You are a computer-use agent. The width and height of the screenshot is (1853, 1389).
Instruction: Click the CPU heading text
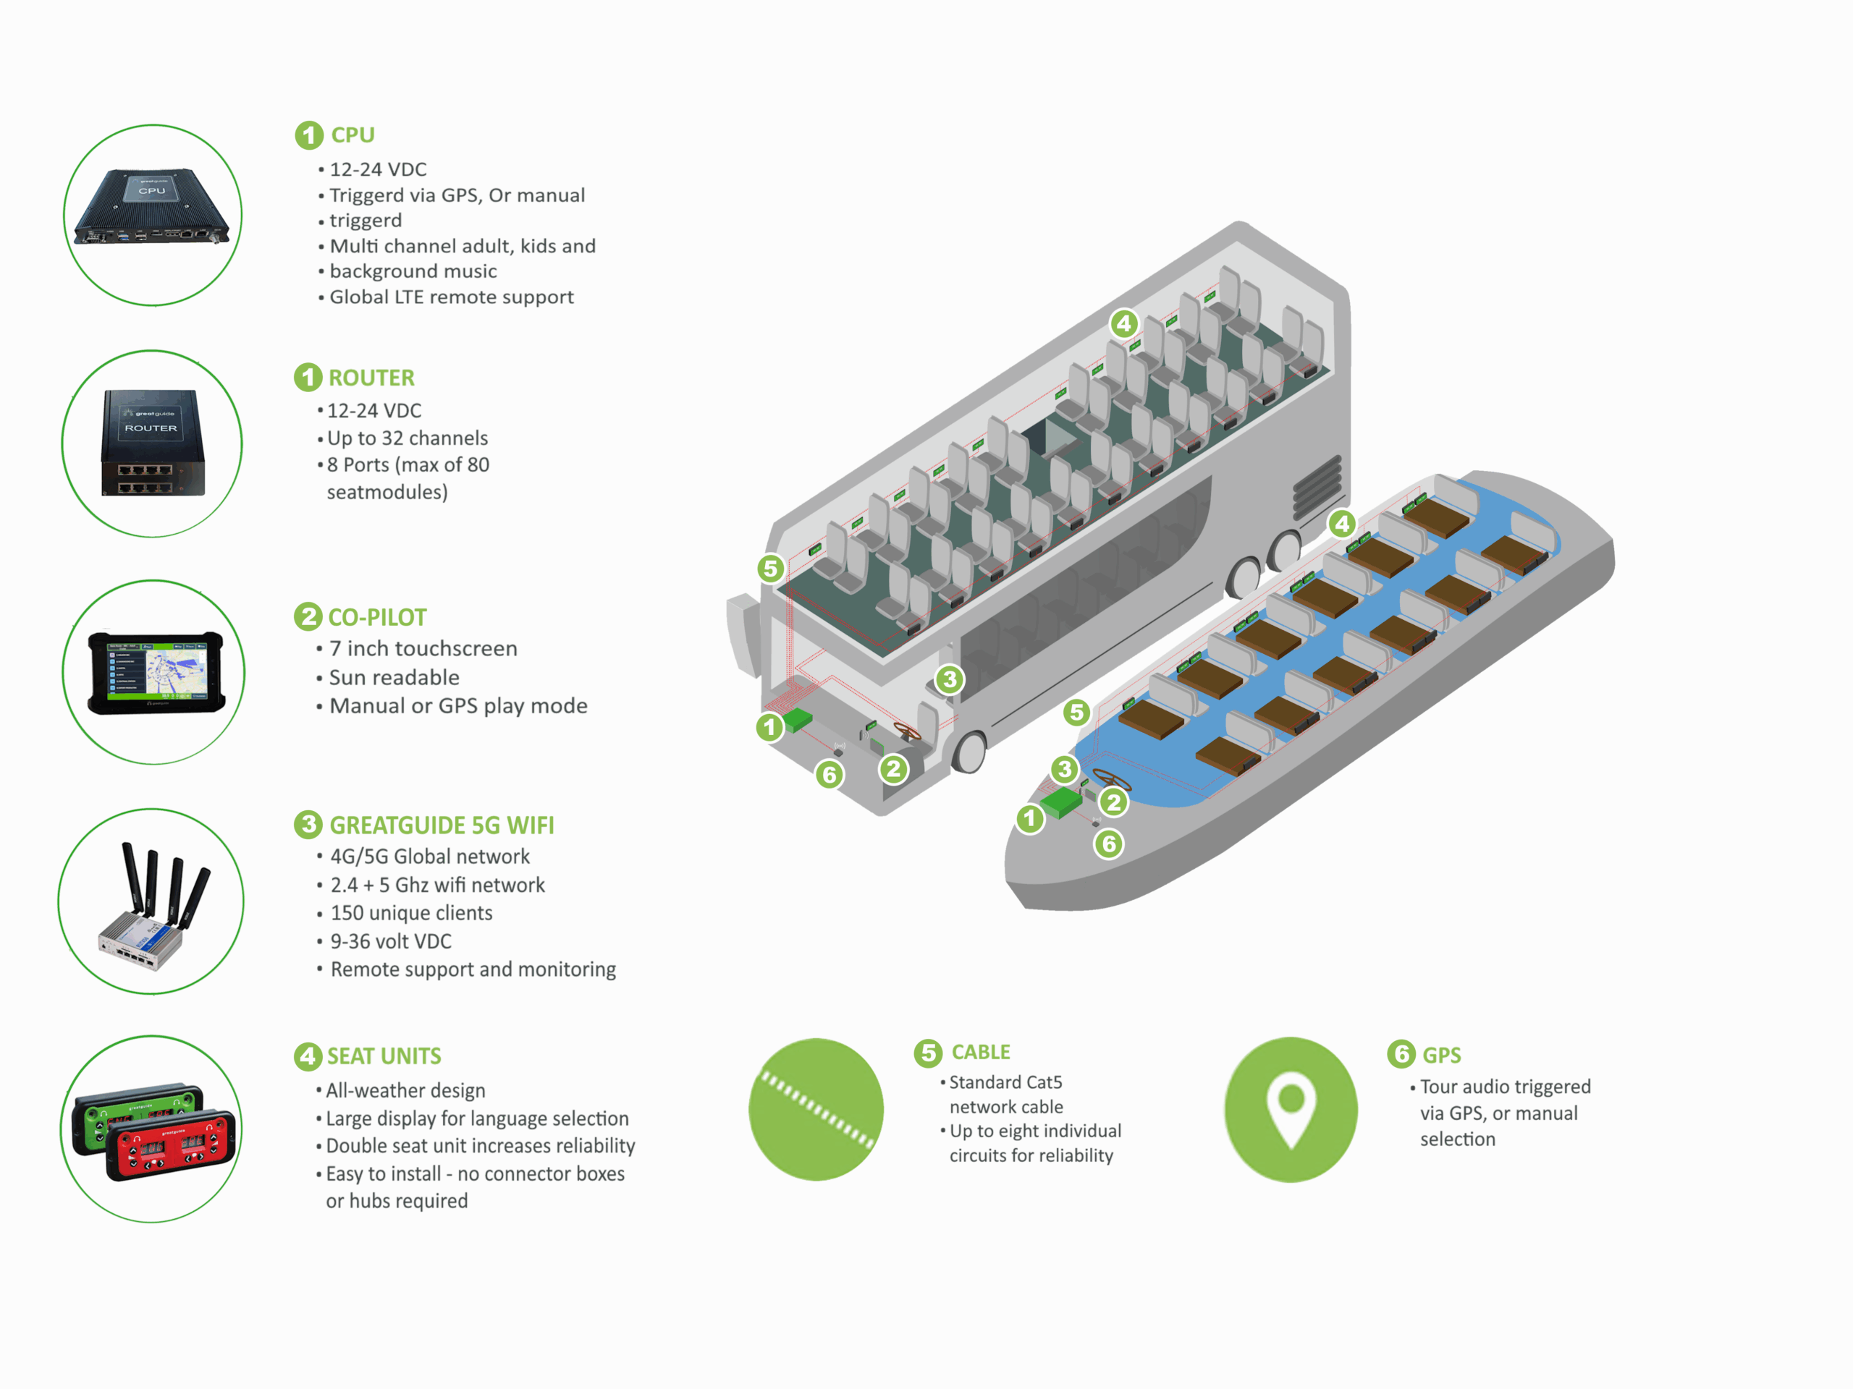[353, 135]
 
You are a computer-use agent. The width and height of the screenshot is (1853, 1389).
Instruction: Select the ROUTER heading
[371, 378]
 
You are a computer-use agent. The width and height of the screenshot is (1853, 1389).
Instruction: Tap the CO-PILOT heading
[377, 617]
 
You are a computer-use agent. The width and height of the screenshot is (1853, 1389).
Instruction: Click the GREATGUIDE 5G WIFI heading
[442, 825]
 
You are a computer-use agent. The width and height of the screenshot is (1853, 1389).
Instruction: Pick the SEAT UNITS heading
[384, 1055]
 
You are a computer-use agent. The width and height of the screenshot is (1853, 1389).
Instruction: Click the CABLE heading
[980, 1052]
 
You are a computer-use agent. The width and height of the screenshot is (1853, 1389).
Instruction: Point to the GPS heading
[1441, 1055]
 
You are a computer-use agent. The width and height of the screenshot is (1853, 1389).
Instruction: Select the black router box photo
[153, 443]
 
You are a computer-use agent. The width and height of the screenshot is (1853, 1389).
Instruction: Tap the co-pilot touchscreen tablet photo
[156, 672]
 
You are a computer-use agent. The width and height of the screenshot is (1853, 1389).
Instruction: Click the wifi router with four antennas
[153, 909]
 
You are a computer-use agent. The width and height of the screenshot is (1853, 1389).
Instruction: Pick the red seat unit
[172, 1144]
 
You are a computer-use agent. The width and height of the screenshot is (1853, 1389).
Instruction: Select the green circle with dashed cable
[816, 1109]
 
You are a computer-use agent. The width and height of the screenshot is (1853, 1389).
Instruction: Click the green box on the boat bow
[1061, 802]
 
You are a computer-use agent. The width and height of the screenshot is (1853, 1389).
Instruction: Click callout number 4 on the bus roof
[1123, 323]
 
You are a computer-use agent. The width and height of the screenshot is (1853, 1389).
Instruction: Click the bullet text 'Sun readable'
[394, 677]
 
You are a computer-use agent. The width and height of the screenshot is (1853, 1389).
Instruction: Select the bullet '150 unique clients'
[411, 912]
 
